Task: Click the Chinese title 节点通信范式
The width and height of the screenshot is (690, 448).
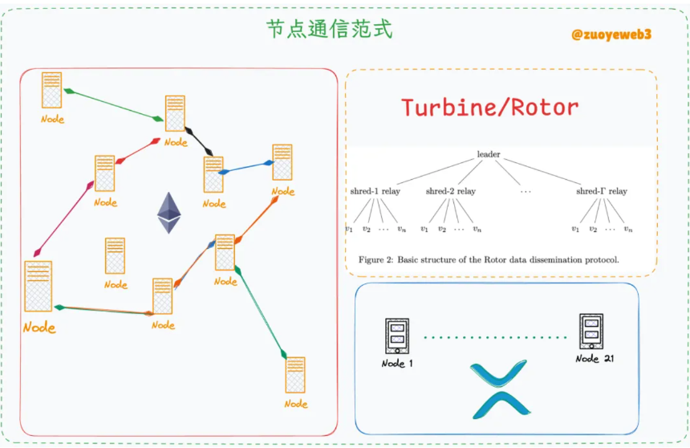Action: [x=329, y=29]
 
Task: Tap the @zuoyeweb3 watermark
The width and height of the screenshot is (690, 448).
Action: [x=611, y=35]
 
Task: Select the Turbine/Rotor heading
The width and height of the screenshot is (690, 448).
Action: [x=489, y=108]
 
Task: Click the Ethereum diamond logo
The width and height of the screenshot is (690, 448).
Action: [x=169, y=213]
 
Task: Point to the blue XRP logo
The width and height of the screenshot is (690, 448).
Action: [x=500, y=389]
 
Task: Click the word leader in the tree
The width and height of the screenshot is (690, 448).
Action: [x=489, y=154]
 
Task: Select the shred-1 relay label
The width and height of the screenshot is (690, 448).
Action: [x=375, y=191]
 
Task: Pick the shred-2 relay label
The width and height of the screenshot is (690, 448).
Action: [x=451, y=191]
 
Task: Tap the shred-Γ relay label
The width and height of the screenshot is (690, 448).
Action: [x=602, y=191]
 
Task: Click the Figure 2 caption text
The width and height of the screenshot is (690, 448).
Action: [x=489, y=259]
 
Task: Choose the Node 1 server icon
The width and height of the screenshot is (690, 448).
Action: [x=397, y=336]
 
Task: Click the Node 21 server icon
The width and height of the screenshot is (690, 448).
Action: [x=591, y=332]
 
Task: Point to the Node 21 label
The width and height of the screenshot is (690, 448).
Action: [x=595, y=359]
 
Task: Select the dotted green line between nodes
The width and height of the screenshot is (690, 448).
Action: [x=495, y=337]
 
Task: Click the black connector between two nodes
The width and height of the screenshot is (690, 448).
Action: [x=199, y=141]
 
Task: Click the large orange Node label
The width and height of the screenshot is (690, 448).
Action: [x=39, y=328]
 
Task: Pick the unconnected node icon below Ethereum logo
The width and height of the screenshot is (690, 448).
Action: [x=115, y=256]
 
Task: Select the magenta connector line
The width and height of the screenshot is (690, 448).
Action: [x=64, y=218]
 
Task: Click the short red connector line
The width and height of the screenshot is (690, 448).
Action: [x=138, y=151]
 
